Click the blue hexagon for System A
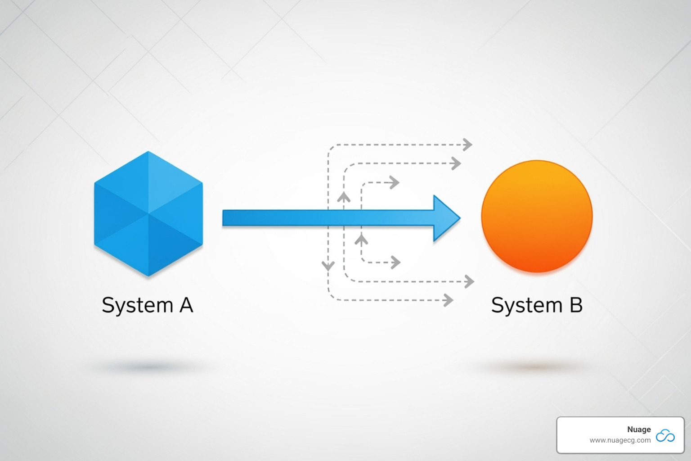tap(148, 214)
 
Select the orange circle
tap(537, 216)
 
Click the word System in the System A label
tap(137, 306)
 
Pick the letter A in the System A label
tap(186, 305)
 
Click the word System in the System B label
tap(527, 306)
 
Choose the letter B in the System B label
tap(576, 305)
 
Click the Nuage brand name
tap(639, 429)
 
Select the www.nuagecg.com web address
tap(620, 440)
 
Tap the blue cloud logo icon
tap(665, 435)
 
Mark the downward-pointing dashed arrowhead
tap(328, 266)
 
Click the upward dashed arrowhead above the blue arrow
tap(344, 197)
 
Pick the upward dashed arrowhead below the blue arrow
tap(361, 239)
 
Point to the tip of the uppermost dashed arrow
tap(469, 145)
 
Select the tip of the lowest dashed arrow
tap(449, 300)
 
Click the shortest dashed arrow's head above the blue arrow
tap(395, 182)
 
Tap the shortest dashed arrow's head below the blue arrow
tap(396, 262)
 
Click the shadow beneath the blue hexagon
tap(148, 367)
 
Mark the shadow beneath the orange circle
tap(535, 367)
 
